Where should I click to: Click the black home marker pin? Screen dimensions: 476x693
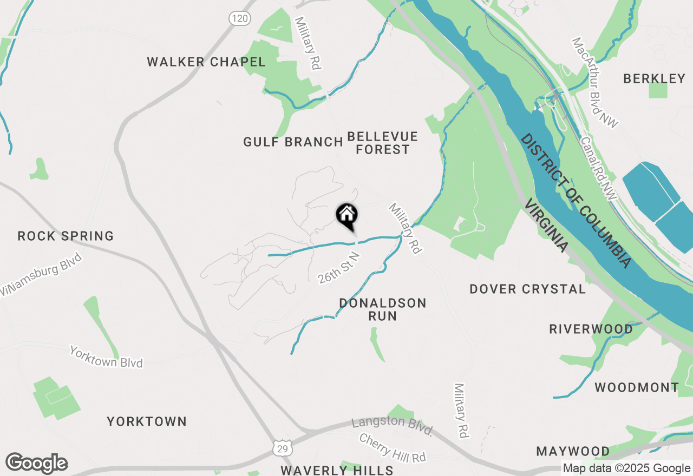(347, 216)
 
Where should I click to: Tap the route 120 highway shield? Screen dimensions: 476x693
(239, 19)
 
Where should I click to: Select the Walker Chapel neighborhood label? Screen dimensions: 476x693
(206, 62)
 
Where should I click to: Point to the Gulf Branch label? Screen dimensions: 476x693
(293, 142)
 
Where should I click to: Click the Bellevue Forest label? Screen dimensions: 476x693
(383, 143)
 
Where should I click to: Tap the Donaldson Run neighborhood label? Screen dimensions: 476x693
(383, 309)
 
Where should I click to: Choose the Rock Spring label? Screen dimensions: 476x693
(66, 236)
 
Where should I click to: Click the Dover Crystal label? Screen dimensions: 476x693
(527, 289)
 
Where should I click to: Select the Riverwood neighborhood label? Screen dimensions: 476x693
(591, 329)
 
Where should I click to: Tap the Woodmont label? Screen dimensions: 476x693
(637, 387)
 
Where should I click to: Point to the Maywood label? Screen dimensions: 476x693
(573, 451)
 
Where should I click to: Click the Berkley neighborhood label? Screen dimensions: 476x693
(654, 79)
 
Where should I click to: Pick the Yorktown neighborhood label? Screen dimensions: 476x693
(147, 421)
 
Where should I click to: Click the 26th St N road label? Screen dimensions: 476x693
(339, 267)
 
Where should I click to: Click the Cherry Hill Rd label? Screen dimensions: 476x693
(393, 448)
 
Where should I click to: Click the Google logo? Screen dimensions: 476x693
(36, 464)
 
